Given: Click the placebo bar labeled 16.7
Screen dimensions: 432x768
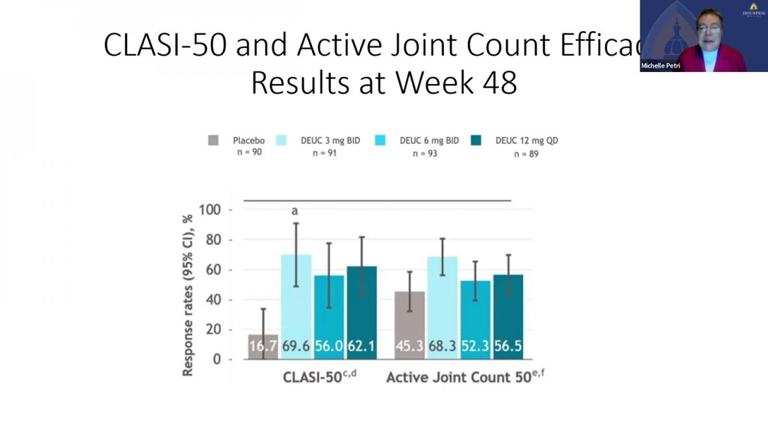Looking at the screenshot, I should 263,347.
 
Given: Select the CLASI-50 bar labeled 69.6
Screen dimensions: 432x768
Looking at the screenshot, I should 296,307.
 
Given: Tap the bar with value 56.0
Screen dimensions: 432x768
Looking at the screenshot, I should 329,317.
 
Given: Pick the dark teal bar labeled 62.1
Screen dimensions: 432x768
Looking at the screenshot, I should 361,312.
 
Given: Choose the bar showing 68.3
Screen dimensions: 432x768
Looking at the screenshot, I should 442,307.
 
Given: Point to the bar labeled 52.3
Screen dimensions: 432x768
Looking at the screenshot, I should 475,320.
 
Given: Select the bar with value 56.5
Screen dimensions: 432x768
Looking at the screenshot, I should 508,317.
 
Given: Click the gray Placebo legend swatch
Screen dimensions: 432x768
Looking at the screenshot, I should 213,140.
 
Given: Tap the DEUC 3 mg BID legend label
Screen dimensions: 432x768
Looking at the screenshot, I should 330,141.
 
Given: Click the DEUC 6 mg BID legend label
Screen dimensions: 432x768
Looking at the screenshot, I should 429,141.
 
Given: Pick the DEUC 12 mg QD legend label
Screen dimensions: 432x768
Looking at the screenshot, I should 527,141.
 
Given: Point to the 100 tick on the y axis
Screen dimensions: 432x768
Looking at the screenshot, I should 210,210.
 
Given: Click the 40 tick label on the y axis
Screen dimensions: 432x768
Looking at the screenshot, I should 213,300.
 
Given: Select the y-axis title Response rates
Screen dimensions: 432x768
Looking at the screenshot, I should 188,295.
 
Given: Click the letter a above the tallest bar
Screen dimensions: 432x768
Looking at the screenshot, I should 295,211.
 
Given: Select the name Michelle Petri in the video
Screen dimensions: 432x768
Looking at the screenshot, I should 660,66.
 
